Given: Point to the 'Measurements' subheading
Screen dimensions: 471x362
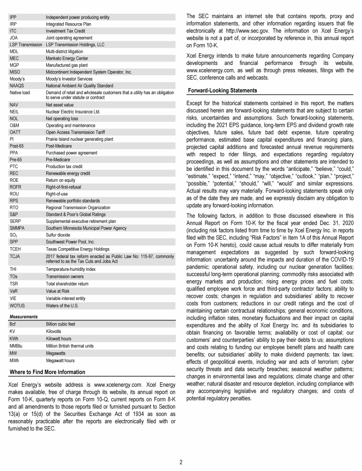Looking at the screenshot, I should pyautogui.click(x=24, y=317).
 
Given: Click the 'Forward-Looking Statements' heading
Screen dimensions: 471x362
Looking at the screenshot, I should pyautogui.click(x=222, y=90).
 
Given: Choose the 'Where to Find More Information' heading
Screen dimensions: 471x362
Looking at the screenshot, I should pyautogui.click(x=48, y=372).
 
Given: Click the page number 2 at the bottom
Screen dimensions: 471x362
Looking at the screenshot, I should pyautogui.click(x=181, y=462).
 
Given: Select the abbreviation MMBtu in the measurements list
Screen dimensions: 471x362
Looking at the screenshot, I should pyautogui.click(x=17, y=346).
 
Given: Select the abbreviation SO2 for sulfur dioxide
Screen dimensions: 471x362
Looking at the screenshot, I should pyautogui.click(x=14, y=235).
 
